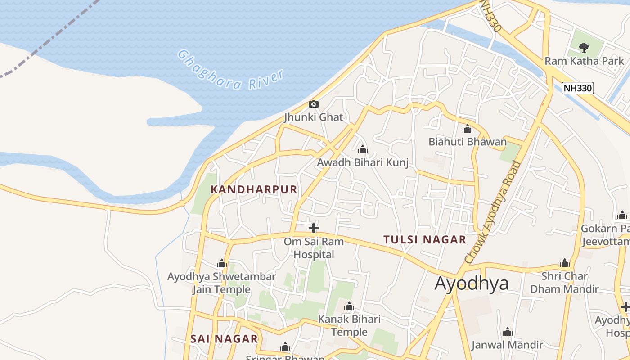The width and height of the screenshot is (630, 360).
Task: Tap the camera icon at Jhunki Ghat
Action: click(314, 104)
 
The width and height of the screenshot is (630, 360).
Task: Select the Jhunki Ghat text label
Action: click(314, 117)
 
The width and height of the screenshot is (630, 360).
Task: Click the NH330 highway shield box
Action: click(578, 88)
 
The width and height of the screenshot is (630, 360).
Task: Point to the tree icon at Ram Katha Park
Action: click(584, 47)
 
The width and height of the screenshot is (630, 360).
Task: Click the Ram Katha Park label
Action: click(584, 61)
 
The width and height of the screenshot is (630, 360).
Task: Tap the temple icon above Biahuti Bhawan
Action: click(468, 129)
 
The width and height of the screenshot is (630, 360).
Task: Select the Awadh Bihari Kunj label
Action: click(363, 162)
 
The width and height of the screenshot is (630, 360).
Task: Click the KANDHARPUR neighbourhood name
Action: click(254, 190)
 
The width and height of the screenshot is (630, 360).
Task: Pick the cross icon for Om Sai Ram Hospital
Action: click(314, 228)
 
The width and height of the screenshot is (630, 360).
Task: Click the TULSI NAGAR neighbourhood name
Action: click(425, 240)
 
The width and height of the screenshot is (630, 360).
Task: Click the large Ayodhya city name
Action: click(472, 283)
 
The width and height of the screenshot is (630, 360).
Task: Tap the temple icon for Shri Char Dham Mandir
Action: click(565, 263)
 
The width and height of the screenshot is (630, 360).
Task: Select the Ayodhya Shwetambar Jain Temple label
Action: click(221, 283)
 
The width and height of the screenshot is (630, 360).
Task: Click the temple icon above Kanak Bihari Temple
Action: click(349, 307)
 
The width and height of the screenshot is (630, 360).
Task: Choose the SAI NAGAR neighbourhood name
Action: click(224, 339)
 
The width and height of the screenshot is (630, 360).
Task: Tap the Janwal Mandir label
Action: click(507, 345)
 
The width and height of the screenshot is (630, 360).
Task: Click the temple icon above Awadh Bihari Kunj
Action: click(363, 149)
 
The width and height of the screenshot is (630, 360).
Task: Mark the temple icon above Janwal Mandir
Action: click(508, 332)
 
